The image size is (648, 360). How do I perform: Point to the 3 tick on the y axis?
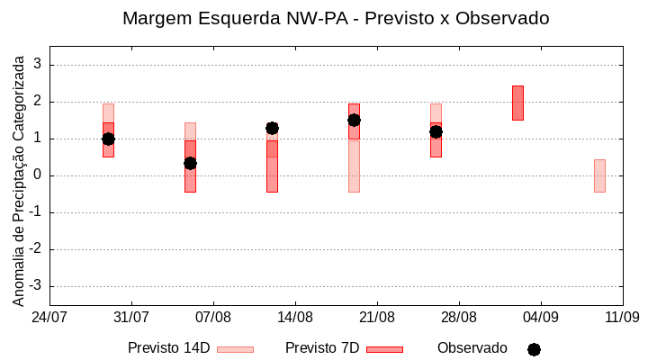tap(38, 65)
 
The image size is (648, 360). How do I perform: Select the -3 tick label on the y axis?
tap(35, 286)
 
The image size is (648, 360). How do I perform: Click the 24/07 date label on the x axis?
tap(49, 317)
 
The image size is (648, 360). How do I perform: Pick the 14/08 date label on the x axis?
tap(295, 317)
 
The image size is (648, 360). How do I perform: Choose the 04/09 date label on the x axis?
tap(540, 317)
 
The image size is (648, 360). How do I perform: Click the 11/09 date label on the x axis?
tap(622, 317)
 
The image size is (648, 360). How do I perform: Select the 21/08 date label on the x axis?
tap(377, 317)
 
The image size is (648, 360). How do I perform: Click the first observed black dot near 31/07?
tap(108, 139)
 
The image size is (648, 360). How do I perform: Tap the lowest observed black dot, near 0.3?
tap(190, 163)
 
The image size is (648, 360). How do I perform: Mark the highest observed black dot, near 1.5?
tap(354, 120)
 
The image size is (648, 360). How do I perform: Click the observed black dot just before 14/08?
tap(272, 128)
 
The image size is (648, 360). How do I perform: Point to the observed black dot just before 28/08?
tap(436, 131)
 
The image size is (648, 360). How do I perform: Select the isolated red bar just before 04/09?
tap(517, 103)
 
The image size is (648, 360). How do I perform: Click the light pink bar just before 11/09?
tap(599, 175)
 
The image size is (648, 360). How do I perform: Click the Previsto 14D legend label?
tap(168, 348)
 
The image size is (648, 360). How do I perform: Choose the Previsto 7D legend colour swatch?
tap(384, 349)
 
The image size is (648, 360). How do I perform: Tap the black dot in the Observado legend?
tap(534, 349)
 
